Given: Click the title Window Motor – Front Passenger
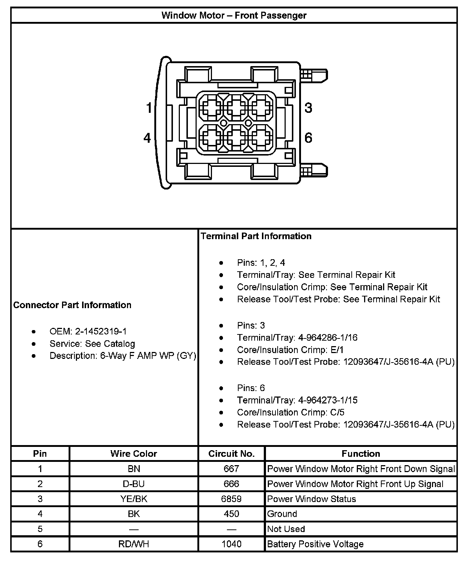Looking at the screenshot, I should pyautogui.click(x=234, y=15).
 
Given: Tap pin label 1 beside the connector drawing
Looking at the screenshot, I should pyautogui.click(x=148, y=108).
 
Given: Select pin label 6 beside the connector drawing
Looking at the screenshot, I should pyautogui.click(x=308, y=138).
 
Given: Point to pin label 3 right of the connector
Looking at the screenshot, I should pyautogui.click(x=308, y=108).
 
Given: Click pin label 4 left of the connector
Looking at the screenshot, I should pyautogui.click(x=147, y=138).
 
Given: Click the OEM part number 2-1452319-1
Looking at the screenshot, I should pyautogui.click(x=101, y=332).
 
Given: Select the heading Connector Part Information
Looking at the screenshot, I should pyautogui.click(x=72, y=305).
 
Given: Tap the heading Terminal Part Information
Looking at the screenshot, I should pyautogui.click(x=256, y=236).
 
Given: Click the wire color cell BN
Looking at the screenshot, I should pyautogui.click(x=134, y=469).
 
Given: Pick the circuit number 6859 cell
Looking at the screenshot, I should pyautogui.click(x=231, y=499).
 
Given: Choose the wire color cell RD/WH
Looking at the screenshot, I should pyautogui.click(x=134, y=544).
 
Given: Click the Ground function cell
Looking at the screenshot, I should pyautogui.click(x=282, y=514).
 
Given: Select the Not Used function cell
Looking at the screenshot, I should pyautogui.click(x=286, y=529).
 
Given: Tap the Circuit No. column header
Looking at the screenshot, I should pyautogui.click(x=231, y=454).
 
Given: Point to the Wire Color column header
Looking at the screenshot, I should pyautogui.click(x=134, y=454).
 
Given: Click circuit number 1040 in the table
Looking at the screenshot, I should pyautogui.click(x=231, y=544).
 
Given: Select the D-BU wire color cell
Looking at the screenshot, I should pyautogui.click(x=134, y=484).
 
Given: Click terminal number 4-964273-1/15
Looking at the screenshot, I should pyautogui.click(x=328, y=401).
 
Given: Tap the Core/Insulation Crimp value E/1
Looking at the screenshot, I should pyautogui.click(x=337, y=350).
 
